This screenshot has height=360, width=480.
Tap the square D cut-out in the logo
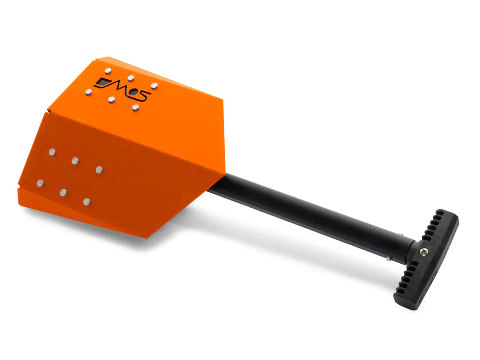pos(102,82)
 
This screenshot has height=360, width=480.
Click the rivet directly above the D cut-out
pos(108,71)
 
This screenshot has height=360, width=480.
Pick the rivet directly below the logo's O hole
pos(136,107)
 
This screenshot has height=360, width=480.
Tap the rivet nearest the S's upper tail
pos(154,86)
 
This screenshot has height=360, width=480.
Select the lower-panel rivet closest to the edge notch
pos(40,183)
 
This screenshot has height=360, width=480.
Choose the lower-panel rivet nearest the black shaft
pos(99,170)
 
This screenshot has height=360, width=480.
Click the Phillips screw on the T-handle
pos(424,251)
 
